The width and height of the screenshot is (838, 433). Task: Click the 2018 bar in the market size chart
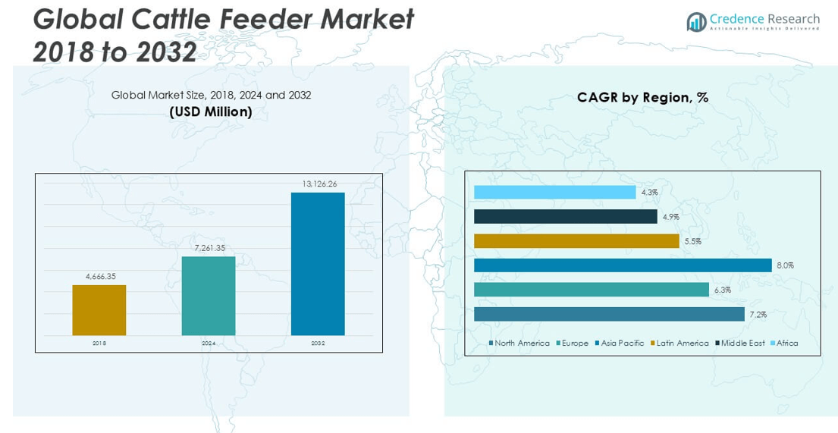[99, 310]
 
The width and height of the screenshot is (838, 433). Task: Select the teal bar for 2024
[209, 296]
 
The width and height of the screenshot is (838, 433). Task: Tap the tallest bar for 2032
[318, 264]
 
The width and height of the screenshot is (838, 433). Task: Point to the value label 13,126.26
[318, 184]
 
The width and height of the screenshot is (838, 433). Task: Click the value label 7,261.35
[209, 248]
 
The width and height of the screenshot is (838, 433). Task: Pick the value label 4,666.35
[99, 277]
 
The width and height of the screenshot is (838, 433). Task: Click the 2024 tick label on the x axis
[209, 344]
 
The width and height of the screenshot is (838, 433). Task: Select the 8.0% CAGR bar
[623, 265]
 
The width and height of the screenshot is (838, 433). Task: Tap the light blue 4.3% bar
[554, 193]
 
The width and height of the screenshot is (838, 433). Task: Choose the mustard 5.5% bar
[576, 241]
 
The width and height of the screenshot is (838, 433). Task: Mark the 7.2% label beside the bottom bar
[758, 314]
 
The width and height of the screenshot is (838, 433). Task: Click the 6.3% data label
[722, 290]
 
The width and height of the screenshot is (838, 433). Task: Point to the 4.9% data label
[670, 217]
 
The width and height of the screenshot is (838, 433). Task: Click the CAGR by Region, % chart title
[642, 97]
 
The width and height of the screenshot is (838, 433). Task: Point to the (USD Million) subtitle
[211, 111]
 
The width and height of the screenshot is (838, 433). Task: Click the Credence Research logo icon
[696, 22]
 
